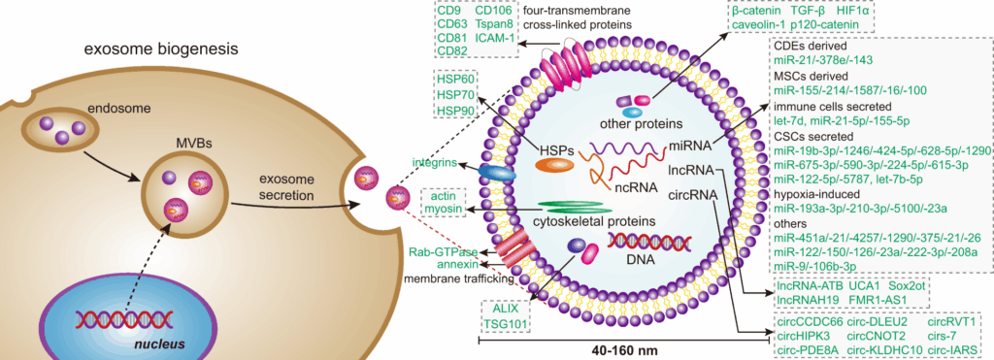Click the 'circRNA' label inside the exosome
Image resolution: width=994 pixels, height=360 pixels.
(x=693, y=194)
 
